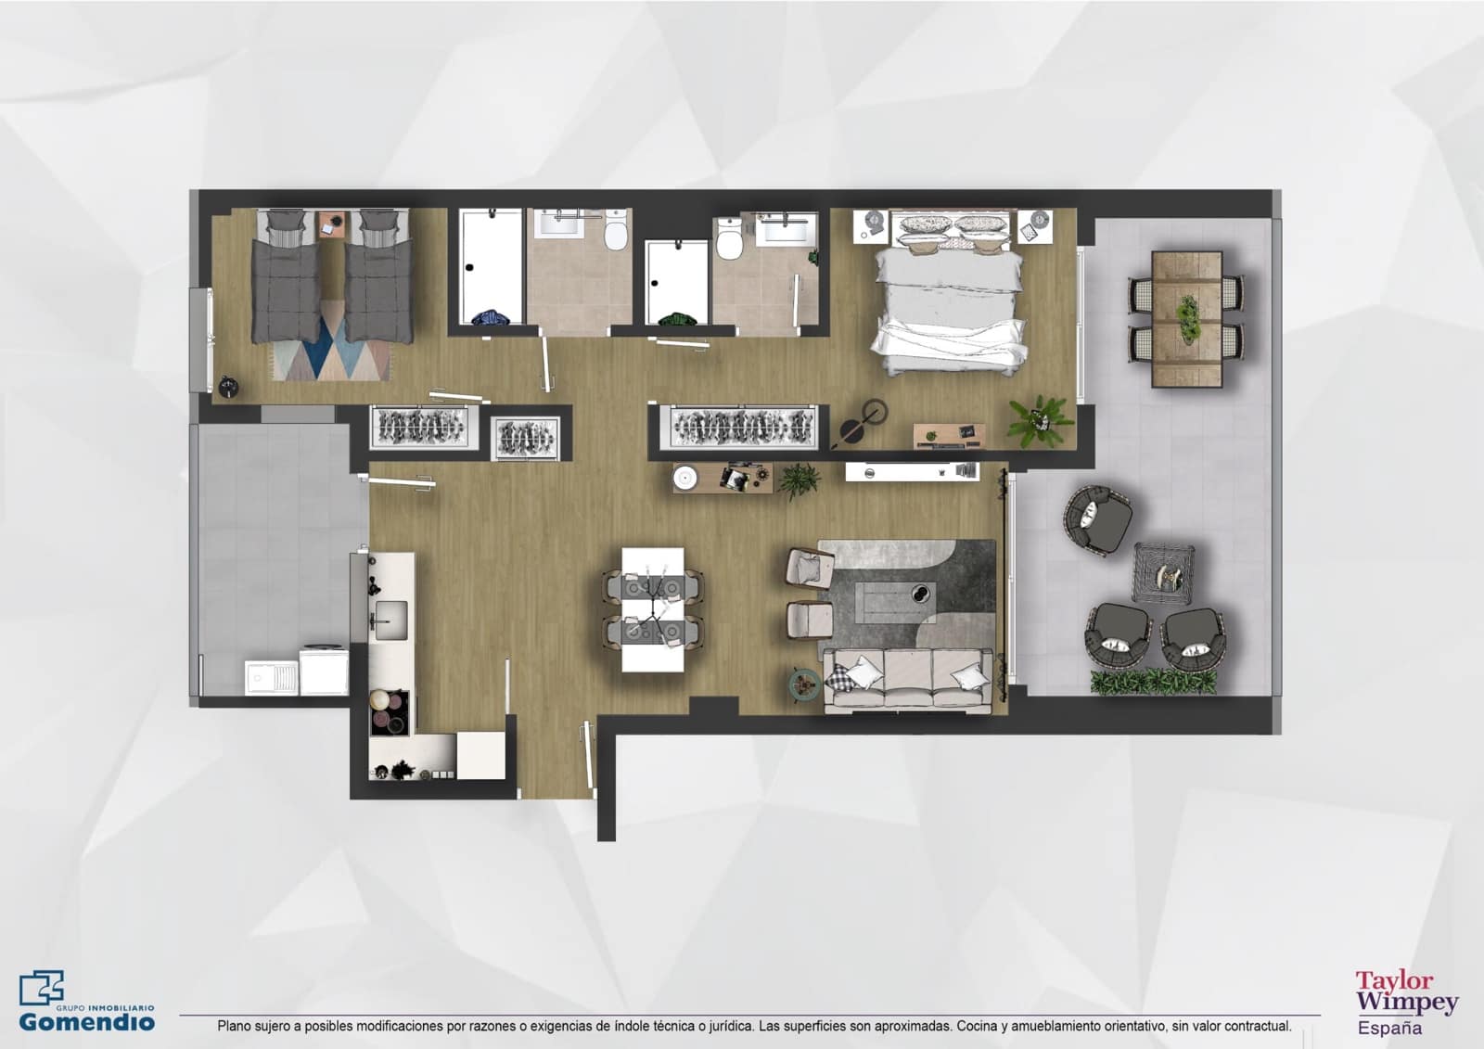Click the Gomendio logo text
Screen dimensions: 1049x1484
[x=87, y=1022]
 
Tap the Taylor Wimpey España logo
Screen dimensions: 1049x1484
[x=1406, y=1002]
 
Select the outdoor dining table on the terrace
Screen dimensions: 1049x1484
[x=1186, y=319]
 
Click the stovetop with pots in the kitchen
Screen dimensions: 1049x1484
[x=390, y=712]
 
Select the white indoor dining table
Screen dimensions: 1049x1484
[x=653, y=608]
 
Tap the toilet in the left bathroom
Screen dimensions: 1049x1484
[x=615, y=232]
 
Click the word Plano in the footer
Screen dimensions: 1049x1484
[x=234, y=1027]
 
